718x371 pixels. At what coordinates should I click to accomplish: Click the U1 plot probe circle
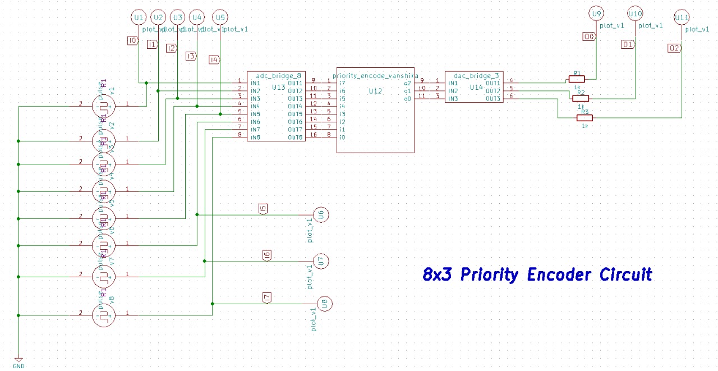click(139, 17)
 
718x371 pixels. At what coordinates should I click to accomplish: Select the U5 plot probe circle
click(221, 17)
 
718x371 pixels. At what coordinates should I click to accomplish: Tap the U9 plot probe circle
click(596, 13)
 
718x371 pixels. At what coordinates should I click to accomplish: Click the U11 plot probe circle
click(682, 17)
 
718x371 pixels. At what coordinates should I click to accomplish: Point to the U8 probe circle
click(325, 304)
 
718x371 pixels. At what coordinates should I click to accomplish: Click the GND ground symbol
click(19, 360)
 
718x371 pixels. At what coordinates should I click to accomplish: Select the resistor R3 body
click(584, 117)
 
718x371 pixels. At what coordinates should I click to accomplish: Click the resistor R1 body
click(576, 79)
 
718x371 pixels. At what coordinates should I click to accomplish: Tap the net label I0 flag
click(132, 40)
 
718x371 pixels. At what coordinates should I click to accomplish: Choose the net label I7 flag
click(267, 297)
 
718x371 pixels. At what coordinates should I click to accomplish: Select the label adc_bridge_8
click(279, 75)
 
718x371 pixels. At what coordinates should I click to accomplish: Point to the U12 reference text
click(375, 91)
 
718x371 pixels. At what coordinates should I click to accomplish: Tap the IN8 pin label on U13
click(255, 138)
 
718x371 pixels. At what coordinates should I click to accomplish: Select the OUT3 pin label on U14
click(493, 99)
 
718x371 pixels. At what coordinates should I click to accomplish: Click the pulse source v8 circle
click(104, 315)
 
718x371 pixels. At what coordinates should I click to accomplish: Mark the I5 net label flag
click(263, 209)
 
